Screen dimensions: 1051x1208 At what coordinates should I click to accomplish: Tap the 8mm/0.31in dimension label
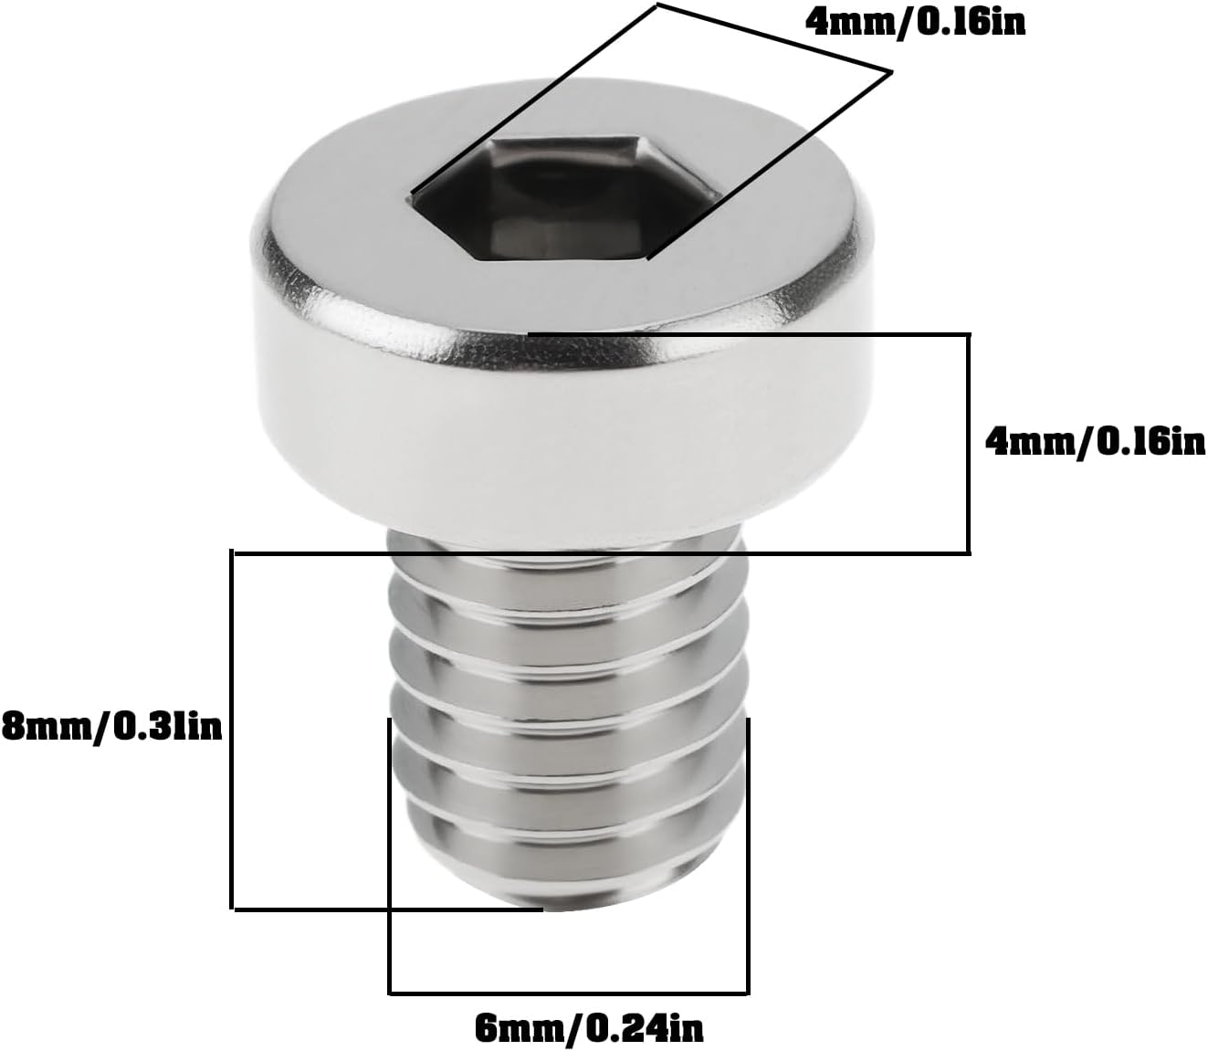point(111,728)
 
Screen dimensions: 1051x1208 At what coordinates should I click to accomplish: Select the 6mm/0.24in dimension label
point(589,1029)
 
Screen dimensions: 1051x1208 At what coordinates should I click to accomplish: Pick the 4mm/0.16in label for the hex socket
point(915,22)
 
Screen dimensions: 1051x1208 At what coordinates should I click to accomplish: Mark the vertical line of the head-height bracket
point(967,443)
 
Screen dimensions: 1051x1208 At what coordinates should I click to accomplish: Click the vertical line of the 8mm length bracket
point(233,730)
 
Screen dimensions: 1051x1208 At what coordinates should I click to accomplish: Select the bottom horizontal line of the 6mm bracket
point(568,993)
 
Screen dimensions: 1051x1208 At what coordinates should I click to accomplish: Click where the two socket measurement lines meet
point(889,71)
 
